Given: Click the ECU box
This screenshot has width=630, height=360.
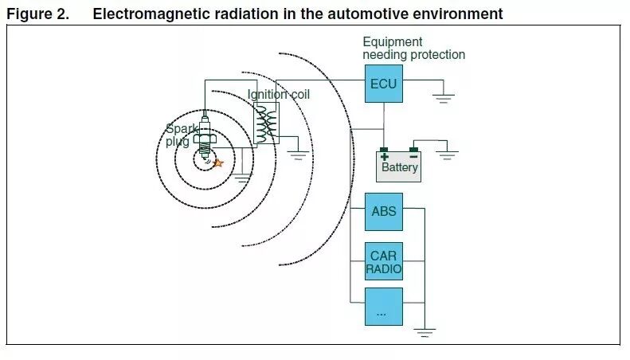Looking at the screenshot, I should (384, 84).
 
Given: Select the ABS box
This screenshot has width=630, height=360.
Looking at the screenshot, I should (383, 212).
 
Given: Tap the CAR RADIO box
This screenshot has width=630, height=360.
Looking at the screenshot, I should (383, 262).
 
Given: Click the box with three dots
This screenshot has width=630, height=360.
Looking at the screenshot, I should (383, 307).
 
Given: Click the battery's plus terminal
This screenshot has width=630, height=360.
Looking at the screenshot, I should (384, 151).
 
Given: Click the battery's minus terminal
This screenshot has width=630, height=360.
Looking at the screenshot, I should (414, 150).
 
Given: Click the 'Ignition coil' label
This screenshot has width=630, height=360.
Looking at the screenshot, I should (278, 95).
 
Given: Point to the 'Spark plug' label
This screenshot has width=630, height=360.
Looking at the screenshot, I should (178, 135).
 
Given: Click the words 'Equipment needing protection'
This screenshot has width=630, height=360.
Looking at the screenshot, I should (413, 49).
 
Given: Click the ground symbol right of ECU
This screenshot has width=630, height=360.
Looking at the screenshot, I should (442, 99).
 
